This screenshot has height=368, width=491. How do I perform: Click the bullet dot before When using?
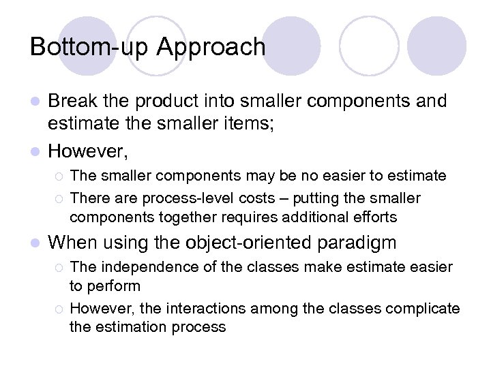(36, 243)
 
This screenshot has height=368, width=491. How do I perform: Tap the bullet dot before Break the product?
(36, 102)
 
